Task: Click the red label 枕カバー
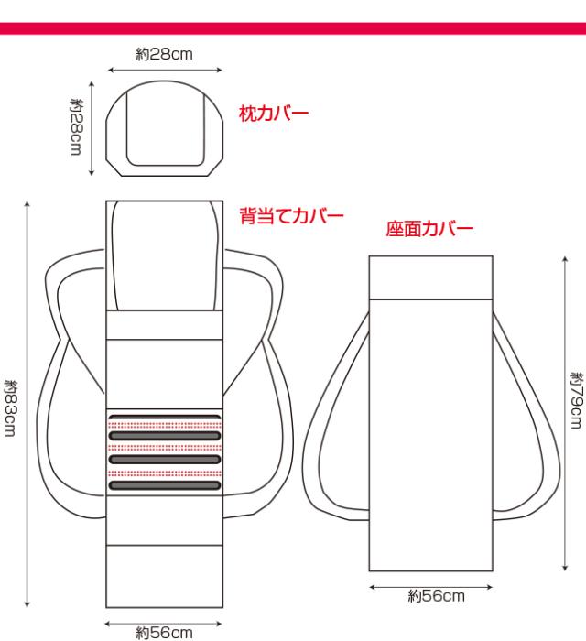[x=274, y=114]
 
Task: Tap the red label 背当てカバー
[x=291, y=215]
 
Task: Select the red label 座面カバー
[x=429, y=229]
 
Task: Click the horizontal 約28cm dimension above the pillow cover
[x=164, y=54]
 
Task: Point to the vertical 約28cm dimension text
[x=76, y=126]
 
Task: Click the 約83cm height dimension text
[x=11, y=408]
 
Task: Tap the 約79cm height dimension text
[x=577, y=400]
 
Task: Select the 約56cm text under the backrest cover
[x=164, y=633]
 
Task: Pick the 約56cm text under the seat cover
[x=436, y=595]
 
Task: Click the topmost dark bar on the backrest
[x=165, y=418]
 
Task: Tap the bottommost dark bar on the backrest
[x=165, y=485]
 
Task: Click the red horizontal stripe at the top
[x=293, y=28]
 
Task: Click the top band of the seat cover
[x=430, y=277]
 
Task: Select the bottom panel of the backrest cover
[x=164, y=576]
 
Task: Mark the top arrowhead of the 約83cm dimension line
[x=27, y=204]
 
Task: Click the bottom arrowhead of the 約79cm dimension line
[x=565, y=568]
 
